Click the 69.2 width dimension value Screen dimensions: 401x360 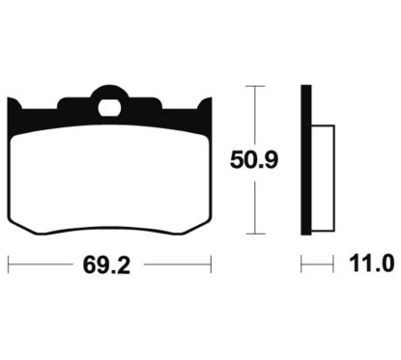(x=106, y=265)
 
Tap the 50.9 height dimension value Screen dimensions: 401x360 (x=254, y=160)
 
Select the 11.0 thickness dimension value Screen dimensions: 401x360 (x=372, y=263)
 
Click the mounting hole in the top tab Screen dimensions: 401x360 (x=109, y=107)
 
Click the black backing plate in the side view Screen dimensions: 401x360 (x=306, y=160)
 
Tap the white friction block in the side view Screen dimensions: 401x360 (x=323, y=178)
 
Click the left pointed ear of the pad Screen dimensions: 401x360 (x=14, y=104)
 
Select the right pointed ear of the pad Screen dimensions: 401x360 (x=206, y=104)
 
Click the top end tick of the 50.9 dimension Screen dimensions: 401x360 (x=255, y=86)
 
